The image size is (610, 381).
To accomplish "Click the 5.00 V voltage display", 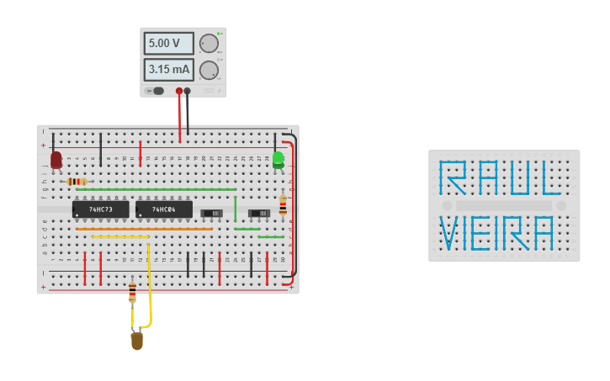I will coord(168,43).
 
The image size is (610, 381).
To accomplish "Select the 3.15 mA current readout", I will coord(168,70).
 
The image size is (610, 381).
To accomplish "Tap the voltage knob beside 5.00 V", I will coord(209,44).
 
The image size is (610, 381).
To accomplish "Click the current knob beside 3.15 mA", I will coord(209,70).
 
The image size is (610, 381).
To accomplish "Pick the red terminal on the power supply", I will coord(179,91).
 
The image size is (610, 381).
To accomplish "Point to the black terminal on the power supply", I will coord(188,91).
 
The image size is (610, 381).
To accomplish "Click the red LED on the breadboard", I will coord(56,160).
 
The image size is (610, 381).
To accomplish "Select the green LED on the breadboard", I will coord(278,158).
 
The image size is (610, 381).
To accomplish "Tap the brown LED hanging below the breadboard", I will coord(136,341).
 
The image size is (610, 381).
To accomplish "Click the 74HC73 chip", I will coord(101,209).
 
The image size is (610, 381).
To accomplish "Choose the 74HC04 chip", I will coord(164,209).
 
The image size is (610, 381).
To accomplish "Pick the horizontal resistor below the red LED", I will coord(77,182).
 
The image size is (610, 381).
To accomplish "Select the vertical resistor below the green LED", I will coord(283,205).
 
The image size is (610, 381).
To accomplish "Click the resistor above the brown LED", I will coord(132,291).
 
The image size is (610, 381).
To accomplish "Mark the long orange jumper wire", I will coord(143,229).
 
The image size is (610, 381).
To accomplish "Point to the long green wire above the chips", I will coord(156,189).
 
